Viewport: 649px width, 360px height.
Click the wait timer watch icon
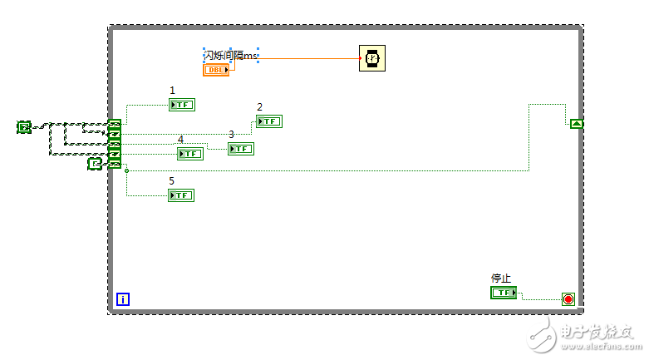(x=371, y=58)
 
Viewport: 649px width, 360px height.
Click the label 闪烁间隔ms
(x=230, y=55)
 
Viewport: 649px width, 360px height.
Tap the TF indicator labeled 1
(x=181, y=105)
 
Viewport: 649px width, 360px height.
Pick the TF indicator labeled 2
(x=268, y=121)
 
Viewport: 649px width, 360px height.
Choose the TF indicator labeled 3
(x=240, y=149)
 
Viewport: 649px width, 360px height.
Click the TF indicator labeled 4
(x=189, y=154)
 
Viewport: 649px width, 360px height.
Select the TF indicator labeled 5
(x=180, y=195)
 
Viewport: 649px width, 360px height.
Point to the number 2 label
(x=259, y=107)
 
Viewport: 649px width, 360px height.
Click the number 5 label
(x=172, y=180)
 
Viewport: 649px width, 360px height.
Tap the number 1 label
(x=172, y=91)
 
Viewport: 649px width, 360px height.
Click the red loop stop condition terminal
(x=568, y=298)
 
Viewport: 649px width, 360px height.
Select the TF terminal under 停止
(x=503, y=293)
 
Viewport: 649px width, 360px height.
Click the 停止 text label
(x=500, y=279)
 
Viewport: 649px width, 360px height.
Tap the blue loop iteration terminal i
(x=122, y=298)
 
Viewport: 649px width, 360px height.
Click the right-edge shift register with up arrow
(x=577, y=124)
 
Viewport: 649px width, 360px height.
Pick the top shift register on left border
(x=115, y=124)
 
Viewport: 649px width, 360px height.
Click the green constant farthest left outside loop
(x=24, y=127)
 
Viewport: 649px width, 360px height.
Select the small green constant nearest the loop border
(x=95, y=165)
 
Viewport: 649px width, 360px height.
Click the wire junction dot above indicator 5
(x=126, y=171)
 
